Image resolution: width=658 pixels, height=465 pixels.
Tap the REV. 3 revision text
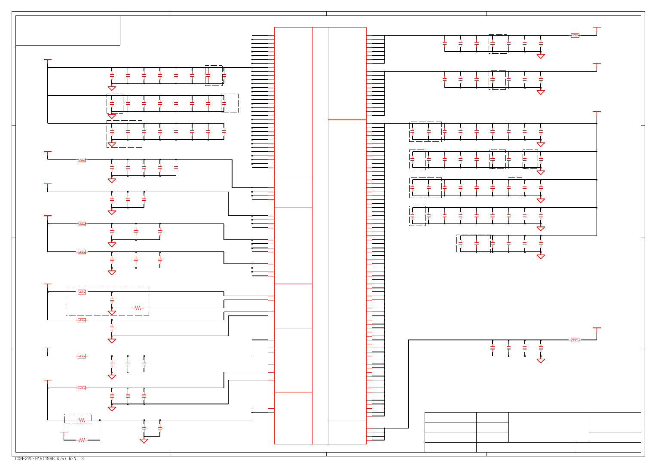coord(76,459)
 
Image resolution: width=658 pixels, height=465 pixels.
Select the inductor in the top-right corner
coord(575,35)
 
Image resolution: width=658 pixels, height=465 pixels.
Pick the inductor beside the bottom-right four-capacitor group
coord(575,340)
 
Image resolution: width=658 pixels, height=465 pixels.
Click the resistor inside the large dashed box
coord(138,308)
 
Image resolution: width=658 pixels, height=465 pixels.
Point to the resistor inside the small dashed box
coord(82,420)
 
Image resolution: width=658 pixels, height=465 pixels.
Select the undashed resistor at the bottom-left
coord(82,440)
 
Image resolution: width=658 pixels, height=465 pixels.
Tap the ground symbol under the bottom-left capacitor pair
coord(144,441)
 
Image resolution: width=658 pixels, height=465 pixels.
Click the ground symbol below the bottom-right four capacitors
coord(541,361)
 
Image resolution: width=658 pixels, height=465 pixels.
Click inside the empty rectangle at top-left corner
coord(68,31)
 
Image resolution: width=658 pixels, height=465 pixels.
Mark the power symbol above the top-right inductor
coord(597,28)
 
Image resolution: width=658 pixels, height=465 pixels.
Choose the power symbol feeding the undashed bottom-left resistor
coord(64,432)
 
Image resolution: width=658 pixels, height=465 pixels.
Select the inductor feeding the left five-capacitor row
coord(82,160)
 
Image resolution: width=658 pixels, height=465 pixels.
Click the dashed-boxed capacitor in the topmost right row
coord(493,43)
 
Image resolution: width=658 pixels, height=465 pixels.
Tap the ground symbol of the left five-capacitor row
coord(112,180)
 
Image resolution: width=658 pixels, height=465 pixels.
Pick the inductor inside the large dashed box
coord(82,292)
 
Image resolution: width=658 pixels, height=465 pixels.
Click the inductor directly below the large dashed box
coord(82,320)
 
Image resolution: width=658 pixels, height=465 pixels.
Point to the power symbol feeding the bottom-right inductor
coord(597,328)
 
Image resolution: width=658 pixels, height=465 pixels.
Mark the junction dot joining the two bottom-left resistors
coord(100,420)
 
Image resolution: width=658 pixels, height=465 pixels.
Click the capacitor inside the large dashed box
coord(112,299)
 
